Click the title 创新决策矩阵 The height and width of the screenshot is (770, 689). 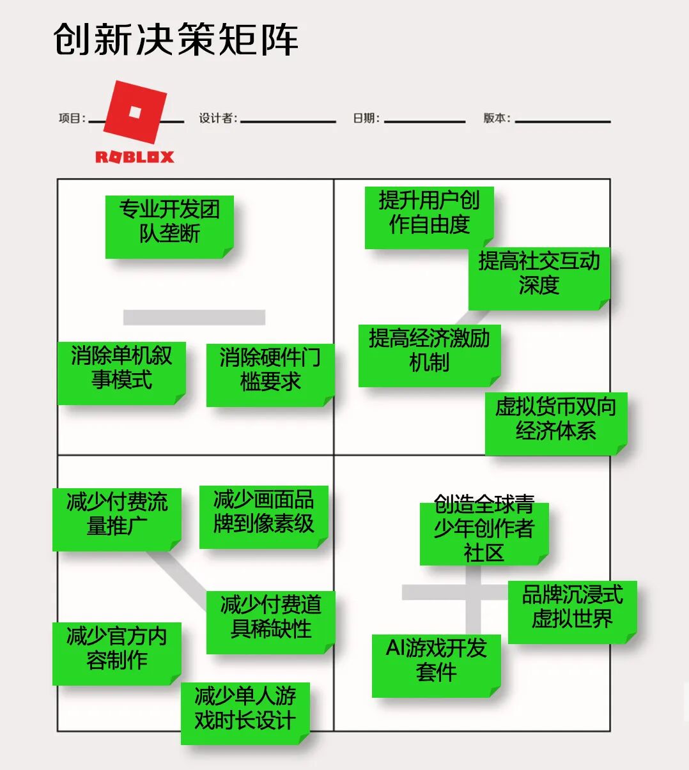pos(176,40)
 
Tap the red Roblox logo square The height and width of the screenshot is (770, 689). pos(135,112)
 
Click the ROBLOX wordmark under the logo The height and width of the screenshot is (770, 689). pos(135,157)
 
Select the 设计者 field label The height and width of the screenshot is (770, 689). pos(217,118)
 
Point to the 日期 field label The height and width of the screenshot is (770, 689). pos(366,118)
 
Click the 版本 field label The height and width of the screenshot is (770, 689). pos(497,118)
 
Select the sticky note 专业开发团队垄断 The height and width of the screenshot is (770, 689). pos(169,226)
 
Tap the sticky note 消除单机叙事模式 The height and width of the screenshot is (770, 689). pos(121,373)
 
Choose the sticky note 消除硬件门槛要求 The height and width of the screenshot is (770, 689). pos(270,374)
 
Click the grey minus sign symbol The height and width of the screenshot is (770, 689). pos(194,317)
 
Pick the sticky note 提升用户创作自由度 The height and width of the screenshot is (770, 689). pos(429,217)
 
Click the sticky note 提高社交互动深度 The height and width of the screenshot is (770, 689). pos(539,278)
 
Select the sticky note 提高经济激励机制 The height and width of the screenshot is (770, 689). pos(429,355)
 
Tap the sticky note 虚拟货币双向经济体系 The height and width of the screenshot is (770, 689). pos(555,423)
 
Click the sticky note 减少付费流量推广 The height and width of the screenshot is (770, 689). pos(117,519)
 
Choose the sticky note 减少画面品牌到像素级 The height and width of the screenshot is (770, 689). pos(263,516)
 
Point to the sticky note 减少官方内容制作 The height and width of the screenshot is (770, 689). pos(117,653)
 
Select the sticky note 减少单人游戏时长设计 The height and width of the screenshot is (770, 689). pos(245,713)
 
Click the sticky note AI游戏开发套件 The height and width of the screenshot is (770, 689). pos(436,665)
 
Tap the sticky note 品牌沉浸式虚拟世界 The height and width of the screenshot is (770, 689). pos(572,612)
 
